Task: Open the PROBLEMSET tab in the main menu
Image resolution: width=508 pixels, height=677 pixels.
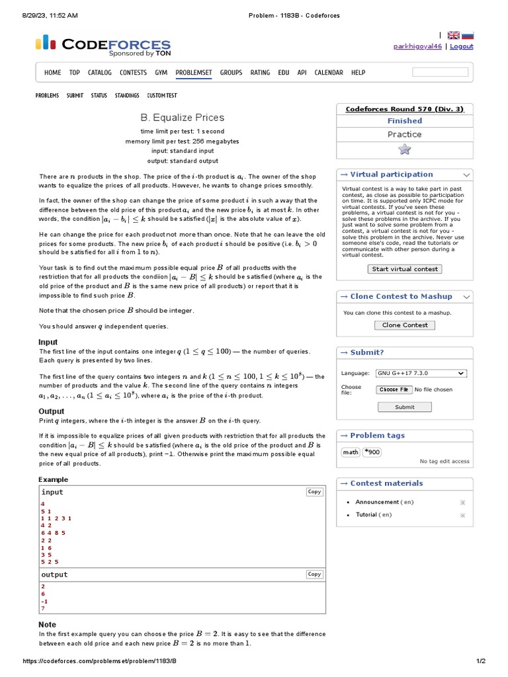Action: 194,73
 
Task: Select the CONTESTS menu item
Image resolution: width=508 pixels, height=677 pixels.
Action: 133,73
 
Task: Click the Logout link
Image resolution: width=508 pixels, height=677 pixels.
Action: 461,46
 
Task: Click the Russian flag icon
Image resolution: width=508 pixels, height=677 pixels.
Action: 468,36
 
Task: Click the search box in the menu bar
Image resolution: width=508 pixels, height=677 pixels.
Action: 440,72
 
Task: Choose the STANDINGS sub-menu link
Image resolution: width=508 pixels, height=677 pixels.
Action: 127,96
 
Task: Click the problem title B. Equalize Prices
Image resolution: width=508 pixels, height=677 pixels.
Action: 182,118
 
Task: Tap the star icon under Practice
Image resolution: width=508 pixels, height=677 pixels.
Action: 405,149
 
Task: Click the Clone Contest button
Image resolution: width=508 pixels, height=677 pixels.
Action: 405,325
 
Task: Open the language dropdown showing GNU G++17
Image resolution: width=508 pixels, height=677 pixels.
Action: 421,374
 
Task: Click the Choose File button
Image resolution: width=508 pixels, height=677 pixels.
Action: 394,390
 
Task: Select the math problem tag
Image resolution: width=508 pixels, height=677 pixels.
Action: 350,452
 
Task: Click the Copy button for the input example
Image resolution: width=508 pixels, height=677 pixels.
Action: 314,492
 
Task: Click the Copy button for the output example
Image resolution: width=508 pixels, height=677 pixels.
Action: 314,575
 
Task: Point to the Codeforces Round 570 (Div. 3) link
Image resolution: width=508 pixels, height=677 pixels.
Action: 405,109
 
